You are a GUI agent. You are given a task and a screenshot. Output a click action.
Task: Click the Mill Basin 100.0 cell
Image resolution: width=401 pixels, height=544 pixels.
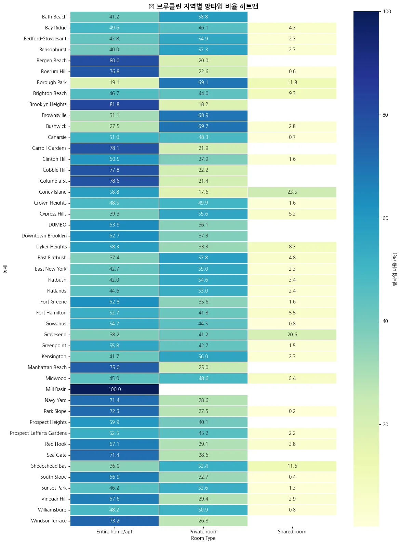tap(115, 389)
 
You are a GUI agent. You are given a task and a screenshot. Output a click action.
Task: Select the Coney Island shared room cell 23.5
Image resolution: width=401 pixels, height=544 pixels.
tap(292, 192)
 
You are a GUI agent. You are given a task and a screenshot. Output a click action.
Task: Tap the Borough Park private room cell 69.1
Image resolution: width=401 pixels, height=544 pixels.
tap(203, 82)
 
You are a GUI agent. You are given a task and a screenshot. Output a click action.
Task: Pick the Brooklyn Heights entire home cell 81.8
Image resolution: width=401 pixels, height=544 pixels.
tap(115, 104)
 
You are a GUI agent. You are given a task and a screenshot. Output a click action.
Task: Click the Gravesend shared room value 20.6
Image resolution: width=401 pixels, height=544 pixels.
tap(292, 335)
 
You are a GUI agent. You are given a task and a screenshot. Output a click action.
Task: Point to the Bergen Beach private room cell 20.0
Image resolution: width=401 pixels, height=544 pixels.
tap(203, 61)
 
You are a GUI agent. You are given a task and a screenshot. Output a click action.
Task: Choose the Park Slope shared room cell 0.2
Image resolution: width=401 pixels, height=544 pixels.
tap(292, 411)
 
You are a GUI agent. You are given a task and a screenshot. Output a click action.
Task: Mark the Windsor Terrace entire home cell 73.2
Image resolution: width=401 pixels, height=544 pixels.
tap(115, 521)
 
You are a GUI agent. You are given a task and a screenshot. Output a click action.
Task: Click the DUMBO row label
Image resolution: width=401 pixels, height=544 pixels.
tap(57, 225)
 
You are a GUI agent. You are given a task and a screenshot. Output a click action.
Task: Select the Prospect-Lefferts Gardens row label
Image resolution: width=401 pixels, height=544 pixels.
tap(38, 433)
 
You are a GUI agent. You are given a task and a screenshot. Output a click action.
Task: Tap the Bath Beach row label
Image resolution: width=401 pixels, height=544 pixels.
tap(54, 17)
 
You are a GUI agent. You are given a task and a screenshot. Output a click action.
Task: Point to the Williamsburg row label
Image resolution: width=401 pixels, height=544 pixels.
tap(52, 510)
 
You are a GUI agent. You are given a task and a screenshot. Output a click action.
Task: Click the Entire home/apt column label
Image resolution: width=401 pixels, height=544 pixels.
tap(114, 532)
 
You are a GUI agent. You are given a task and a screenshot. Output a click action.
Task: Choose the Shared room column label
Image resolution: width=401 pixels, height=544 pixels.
tap(292, 532)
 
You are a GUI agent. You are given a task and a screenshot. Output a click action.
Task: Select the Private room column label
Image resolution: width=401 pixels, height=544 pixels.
tap(203, 532)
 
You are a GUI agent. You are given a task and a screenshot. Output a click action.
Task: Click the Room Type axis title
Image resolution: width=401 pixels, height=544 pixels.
tap(203, 538)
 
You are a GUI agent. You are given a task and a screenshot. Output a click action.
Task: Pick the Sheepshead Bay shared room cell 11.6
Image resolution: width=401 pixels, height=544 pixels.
tap(292, 466)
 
